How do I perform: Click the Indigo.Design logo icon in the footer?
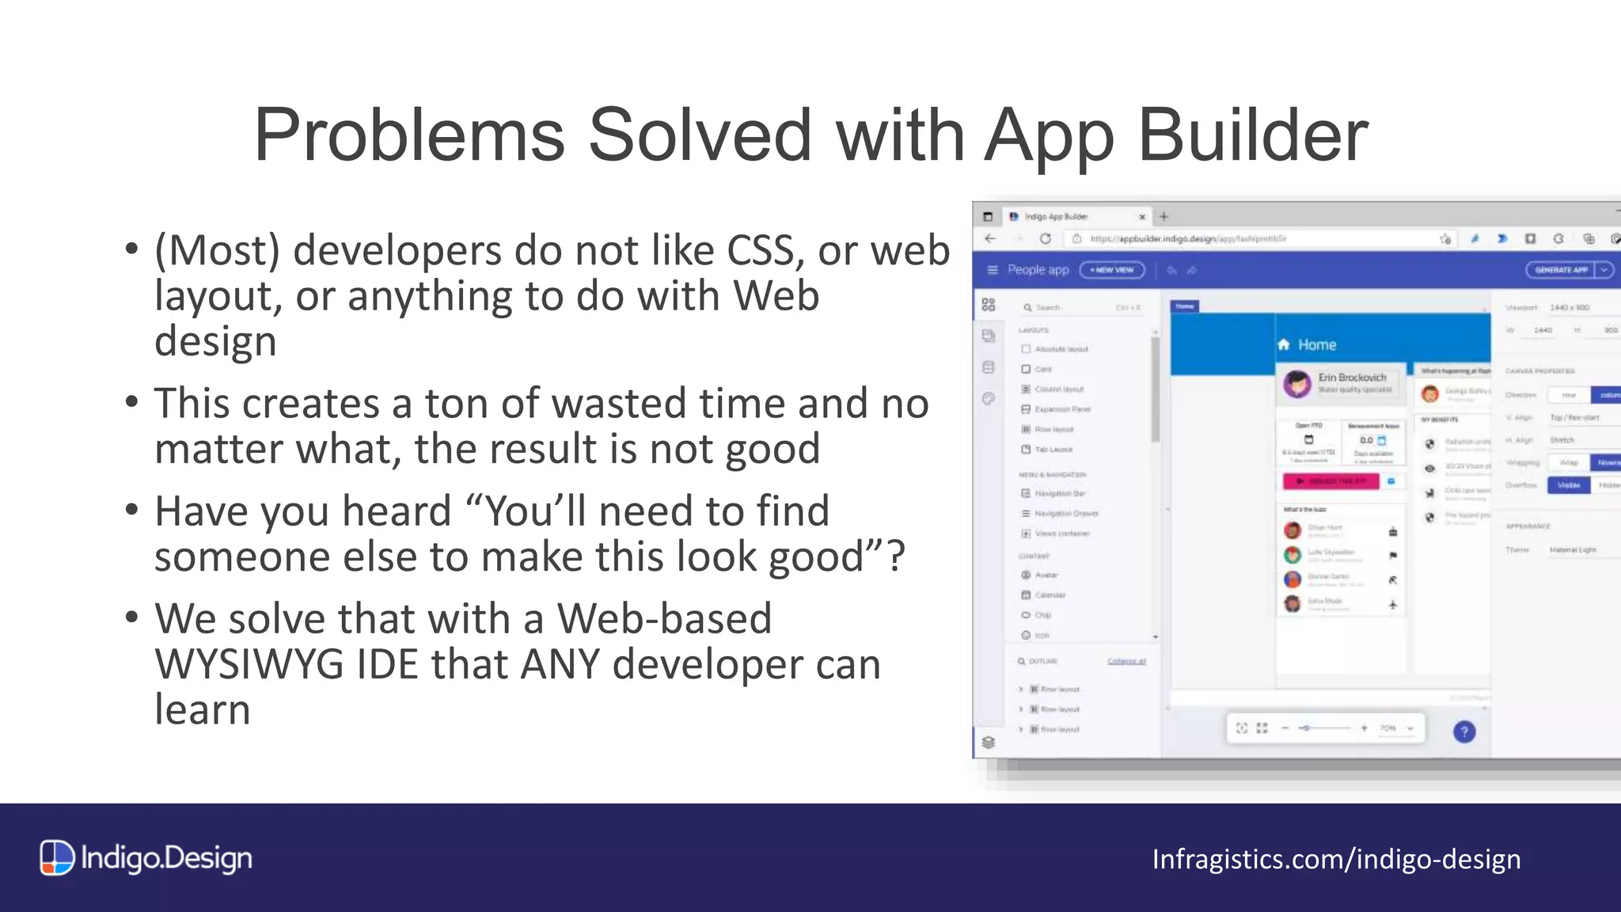(57, 858)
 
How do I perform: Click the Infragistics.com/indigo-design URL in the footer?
(1336, 860)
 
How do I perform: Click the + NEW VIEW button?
(1112, 270)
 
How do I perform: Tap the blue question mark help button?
(1464, 731)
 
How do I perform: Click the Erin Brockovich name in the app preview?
(1352, 378)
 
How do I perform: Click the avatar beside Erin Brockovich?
(1297, 384)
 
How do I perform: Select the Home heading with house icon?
(1308, 345)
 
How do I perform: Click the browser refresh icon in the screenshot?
(1045, 238)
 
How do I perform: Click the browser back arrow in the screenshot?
(990, 238)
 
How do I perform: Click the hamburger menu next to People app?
(993, 270)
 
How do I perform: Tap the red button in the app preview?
(1331, 481)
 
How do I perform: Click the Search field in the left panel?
(1080, 307)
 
